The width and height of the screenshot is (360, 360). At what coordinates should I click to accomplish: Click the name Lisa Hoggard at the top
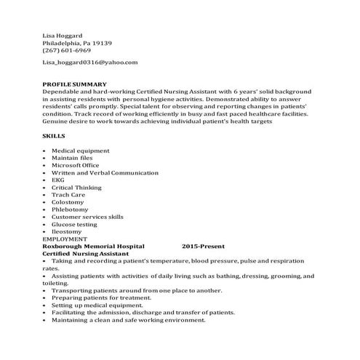pyautogui.click(x=63, y=33)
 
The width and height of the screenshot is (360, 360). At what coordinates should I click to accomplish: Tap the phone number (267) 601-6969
pyautogui.click(x=67, y=50)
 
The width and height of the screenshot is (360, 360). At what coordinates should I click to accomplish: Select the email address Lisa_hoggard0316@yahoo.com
pyautogui.click(x=90, y=63)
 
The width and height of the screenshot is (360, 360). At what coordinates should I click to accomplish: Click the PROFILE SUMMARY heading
pyautogui.click(x=75, y=84)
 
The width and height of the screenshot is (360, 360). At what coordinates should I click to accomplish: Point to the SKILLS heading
pyautogui.click(x=54, y=136)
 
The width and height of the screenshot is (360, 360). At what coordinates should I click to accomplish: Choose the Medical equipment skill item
pyautogui.click(x=81, y=151)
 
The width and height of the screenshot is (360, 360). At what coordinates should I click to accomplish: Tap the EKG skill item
pyautogui.click(x=58, y=180)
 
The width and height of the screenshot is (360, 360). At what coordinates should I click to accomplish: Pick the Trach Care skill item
pyautogui.click(x=68, y=195)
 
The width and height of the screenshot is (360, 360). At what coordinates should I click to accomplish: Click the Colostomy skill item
pyautogui.click(x=68, y=202)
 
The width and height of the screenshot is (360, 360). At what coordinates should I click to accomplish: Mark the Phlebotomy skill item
pyautogui.click(x=71, y=209)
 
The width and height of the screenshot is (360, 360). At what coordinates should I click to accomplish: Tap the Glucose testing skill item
pyautogui.click(x=74, y=224)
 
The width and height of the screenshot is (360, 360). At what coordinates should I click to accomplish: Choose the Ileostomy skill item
pyautogui.click(x=67, y=231)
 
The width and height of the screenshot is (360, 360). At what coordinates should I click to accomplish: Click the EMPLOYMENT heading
pyautogui.click(x=63, y=239)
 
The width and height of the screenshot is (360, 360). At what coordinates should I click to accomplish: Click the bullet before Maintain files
pyautogui.click(x=45, y=158)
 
